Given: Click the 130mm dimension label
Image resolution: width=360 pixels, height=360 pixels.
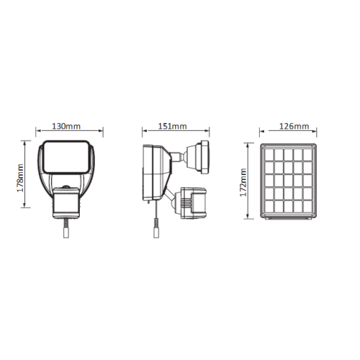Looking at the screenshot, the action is tap(66, 126).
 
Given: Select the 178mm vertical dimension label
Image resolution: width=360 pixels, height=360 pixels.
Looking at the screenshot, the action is tap(20, 178).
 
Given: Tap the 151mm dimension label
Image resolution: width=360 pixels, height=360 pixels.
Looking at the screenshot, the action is tap(172, 126).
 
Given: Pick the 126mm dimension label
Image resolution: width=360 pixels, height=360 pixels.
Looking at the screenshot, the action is tap(294, 126).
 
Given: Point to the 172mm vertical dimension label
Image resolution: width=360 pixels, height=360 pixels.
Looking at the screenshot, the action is tap(243, 182).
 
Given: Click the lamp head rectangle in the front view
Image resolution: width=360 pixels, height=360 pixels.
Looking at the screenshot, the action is tap(66, 157).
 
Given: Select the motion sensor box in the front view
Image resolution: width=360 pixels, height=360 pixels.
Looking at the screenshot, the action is tap(66, 203).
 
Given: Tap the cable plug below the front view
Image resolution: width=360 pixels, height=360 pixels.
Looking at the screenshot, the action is tap(66, 233).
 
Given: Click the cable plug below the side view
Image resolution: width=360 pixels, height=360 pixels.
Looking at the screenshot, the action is tap(156, 233).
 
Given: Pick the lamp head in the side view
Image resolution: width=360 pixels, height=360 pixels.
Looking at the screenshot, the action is tap(197, 157).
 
